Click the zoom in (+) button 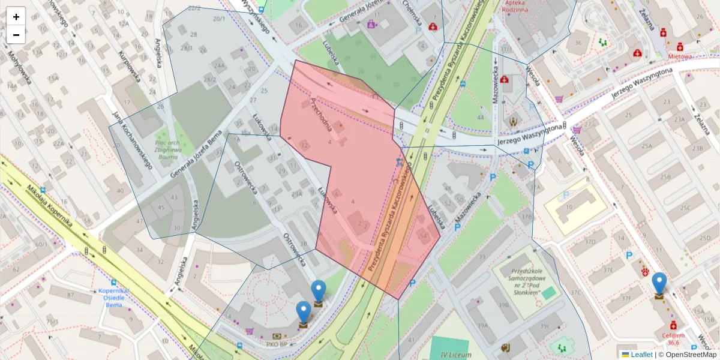pyautogui.click(x=16, y=17)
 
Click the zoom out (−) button pyautogui.click(x=16, y=35)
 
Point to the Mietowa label pyautogui.click(x=680, y=56)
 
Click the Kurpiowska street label pyautogui.click(x=130, y=66)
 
